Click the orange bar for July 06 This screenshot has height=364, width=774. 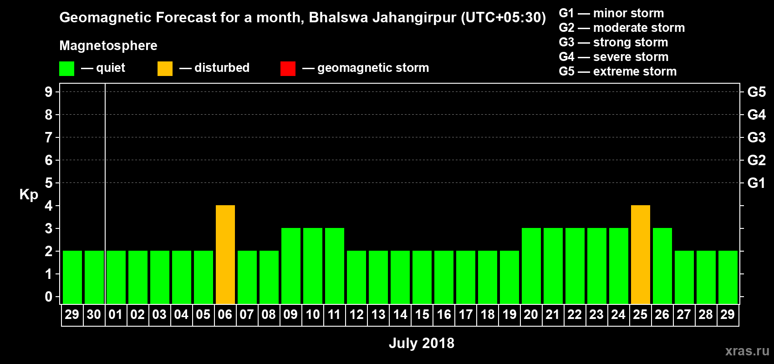point(225,254)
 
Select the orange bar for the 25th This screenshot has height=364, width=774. point(641,254)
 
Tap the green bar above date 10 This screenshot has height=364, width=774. point(313,266)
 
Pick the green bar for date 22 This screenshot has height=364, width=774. point(575,266)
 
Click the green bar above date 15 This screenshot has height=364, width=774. point(422,277)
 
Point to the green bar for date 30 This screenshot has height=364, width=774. point(94,277)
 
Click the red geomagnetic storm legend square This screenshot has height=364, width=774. point(288,69)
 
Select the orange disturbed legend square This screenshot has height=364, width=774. point(165,69)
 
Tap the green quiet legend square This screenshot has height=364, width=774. point(66,69)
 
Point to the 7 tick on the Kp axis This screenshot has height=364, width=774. point(49,137)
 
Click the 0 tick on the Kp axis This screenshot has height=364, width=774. point(49,297)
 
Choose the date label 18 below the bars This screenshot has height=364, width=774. point(488,314)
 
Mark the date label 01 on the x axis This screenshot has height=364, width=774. point(116,314)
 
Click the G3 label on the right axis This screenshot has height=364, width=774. point(756,137)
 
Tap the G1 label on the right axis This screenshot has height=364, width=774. point(756,183)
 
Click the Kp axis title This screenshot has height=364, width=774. point(29,195)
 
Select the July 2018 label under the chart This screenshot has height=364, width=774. point(421,343)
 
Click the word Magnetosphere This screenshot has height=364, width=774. point(108,45)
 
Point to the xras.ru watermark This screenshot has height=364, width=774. point(747,350)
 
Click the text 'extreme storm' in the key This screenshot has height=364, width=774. point(635,71)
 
